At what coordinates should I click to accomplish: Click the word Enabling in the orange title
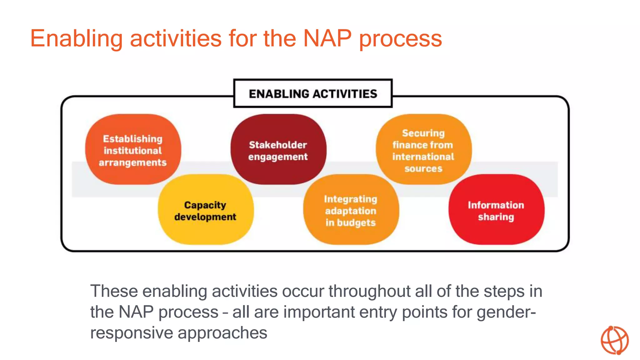pos(76,38)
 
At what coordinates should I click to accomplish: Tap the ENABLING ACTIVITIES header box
pos(313,93)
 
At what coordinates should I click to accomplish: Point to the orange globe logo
pos(614,340)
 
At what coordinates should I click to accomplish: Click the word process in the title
pos(400,38)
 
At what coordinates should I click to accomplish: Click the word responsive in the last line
pos(132,332)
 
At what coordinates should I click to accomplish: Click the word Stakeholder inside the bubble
pos(278,145)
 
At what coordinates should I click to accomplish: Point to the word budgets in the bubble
pos(356,223)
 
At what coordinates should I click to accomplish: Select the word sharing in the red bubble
pos(496,217)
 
